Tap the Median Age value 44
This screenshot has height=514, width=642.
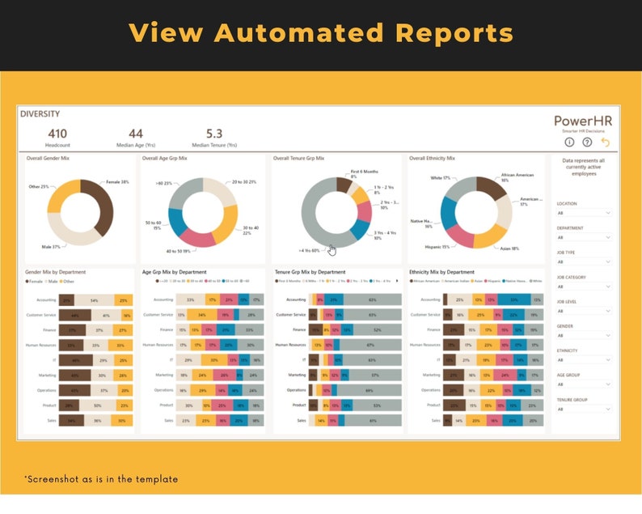136,134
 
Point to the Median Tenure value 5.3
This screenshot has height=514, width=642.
214,134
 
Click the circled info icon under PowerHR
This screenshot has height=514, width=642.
569,142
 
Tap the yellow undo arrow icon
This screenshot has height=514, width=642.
605,142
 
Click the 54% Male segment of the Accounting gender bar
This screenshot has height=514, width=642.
95,299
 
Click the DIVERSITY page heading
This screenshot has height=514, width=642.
40,114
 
